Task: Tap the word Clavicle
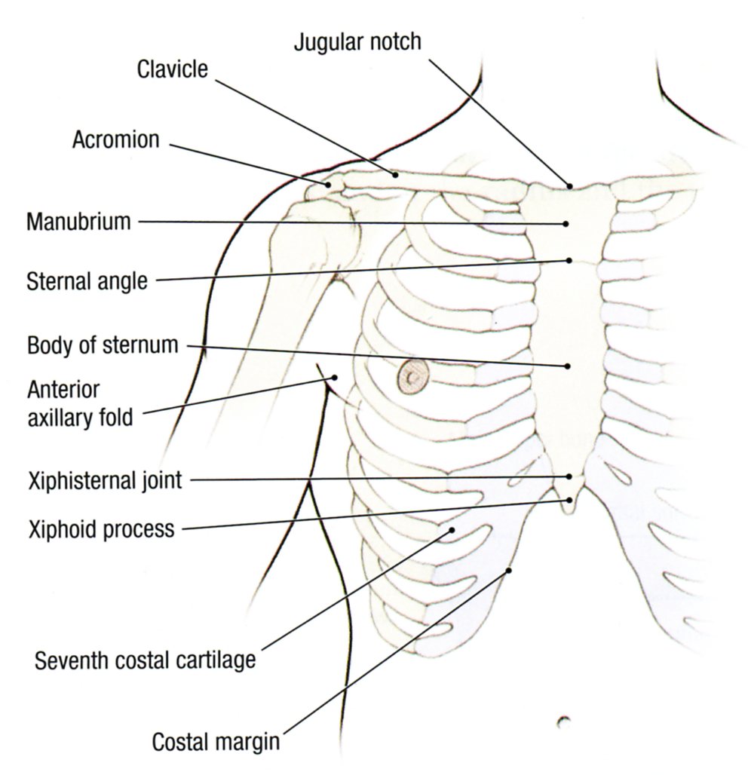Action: [172, 69]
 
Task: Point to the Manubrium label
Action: [78, 222]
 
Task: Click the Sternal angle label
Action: [87, 282]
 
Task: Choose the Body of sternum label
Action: [103, 346]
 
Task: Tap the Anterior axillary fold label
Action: [80, 403]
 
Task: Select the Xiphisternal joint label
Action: [104, 480]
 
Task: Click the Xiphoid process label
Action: [100, 528]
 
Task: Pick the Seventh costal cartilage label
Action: [146, 660]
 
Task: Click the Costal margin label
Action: [216, 742]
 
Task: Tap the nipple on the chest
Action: [412, 375]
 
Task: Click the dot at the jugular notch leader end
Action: [570, 185]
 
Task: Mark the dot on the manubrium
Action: [566, 223]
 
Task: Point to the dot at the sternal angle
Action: [569, 261]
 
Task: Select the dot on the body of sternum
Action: [567, 366]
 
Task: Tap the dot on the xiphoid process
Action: [569, 499]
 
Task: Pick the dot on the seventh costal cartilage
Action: [452, 529]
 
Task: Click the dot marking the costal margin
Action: [509, 571]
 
